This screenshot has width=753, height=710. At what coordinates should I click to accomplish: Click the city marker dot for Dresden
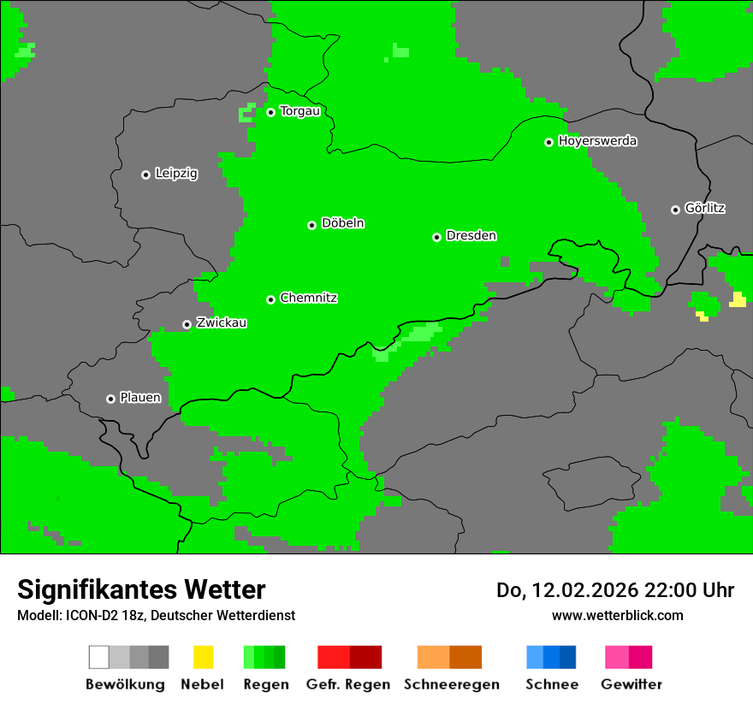click(436, 237)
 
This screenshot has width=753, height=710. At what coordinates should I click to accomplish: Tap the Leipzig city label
click(176, 174)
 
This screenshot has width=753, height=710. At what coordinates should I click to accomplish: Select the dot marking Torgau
click(270, 112)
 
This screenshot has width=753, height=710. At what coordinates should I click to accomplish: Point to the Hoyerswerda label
click(597, 141)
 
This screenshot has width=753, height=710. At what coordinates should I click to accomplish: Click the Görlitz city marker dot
click(675, 210)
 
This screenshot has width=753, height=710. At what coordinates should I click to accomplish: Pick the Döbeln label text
click(342, 223)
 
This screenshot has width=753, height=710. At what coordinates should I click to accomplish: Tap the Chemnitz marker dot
click(270, 299)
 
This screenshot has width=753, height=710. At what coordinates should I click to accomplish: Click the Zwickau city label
click(222, 323)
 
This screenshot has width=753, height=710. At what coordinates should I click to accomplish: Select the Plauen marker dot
click(110, 399)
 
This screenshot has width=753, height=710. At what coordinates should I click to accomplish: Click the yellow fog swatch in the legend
click(203, 657)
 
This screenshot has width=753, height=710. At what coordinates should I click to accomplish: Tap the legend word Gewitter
click(631, 684)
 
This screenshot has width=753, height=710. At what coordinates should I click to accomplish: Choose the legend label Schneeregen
click(452, 684)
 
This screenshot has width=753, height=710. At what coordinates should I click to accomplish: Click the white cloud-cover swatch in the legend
click(98, 657)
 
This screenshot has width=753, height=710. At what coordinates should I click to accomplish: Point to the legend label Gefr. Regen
click(348, 684)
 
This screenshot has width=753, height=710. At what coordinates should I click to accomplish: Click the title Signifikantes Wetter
click(141, 589)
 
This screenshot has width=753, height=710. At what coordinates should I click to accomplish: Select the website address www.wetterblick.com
click(617, 615)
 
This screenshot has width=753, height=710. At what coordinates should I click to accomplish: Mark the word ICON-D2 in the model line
click(92, 615)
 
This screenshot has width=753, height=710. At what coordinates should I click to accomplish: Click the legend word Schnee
click(551, 684)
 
